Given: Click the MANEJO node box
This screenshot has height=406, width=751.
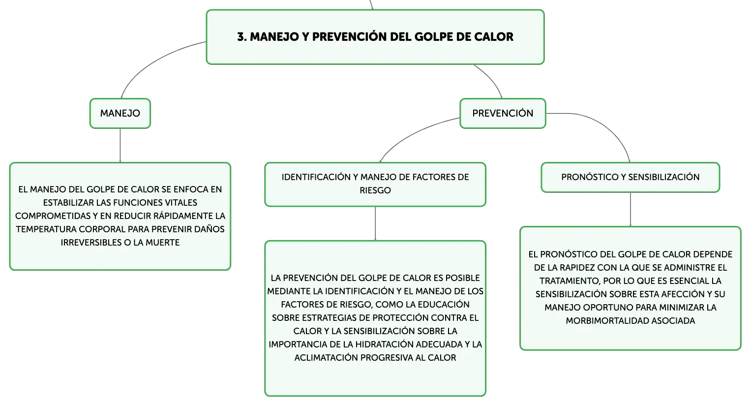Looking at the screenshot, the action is coord(120,113).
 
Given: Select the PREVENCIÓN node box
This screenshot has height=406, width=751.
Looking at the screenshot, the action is coord(503,113).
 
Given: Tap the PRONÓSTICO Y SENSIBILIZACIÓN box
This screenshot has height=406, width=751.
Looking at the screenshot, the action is coord(631,178).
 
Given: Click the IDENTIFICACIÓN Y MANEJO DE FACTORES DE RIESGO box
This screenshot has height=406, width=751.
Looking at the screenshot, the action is coord(375,185).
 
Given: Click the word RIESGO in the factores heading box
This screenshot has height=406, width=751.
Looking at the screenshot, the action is coord(375,190).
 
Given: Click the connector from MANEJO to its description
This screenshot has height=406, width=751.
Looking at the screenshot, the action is coord(120,146).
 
